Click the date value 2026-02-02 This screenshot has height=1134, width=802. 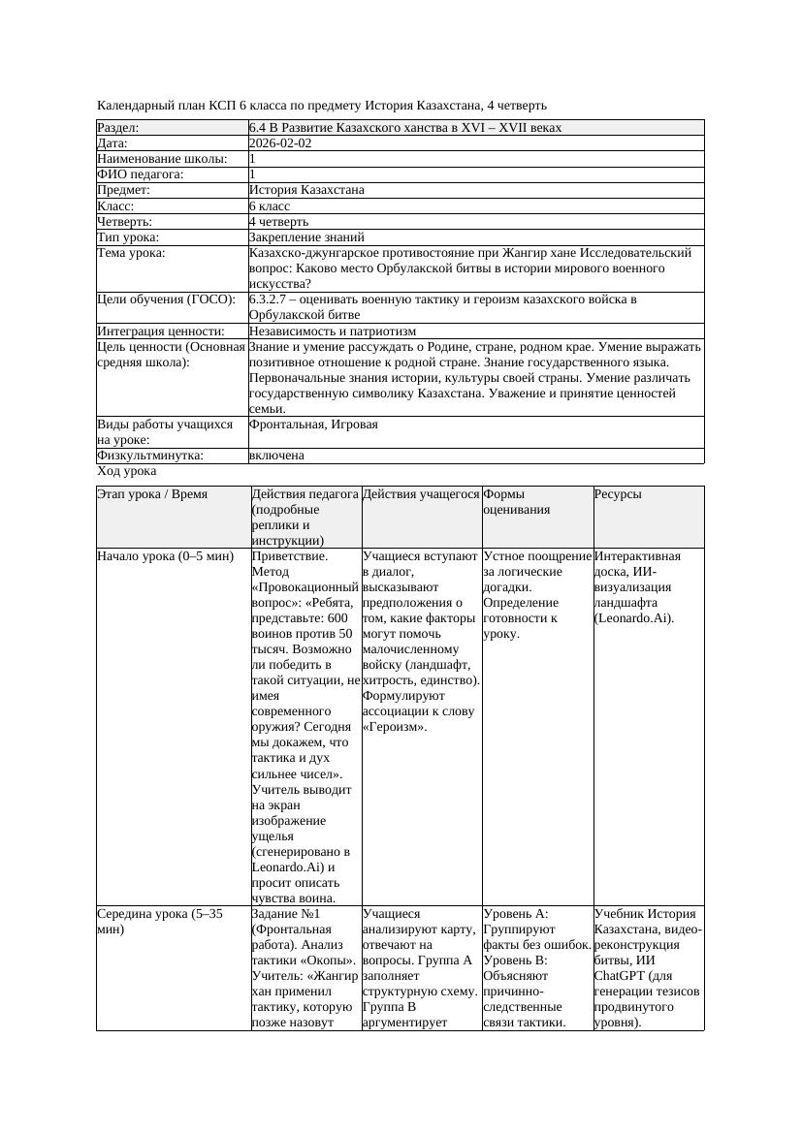pyautogui.click(x=280, y=143)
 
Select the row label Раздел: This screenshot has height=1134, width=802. pyautogui.click(x=118, y=128)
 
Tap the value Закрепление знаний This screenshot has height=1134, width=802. pyautogui.click(x=305, y=237)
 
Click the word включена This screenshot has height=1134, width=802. pyautogui.click(x=276, y=456)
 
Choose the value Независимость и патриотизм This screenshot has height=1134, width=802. pyautogui.click(x=332, y=331)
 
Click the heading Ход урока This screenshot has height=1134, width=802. pyautogui.click(x=127, y=472)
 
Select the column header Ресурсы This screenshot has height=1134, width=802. pyautogui.click(x=618, y=494)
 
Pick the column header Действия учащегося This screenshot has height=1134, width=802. pyautogui.click(x=421, y=494)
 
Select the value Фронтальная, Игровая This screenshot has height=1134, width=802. pyautogui.click(x=313, y=425)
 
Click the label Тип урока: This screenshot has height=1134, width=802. pyautogui.click(x=128, y=237)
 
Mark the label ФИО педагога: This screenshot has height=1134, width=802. pyautogui.click(x=142, y=174)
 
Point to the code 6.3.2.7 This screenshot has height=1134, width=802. pyautogui.click(x=270, y=299)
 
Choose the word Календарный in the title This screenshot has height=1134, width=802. pyautogui.click(x=136, y=105)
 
